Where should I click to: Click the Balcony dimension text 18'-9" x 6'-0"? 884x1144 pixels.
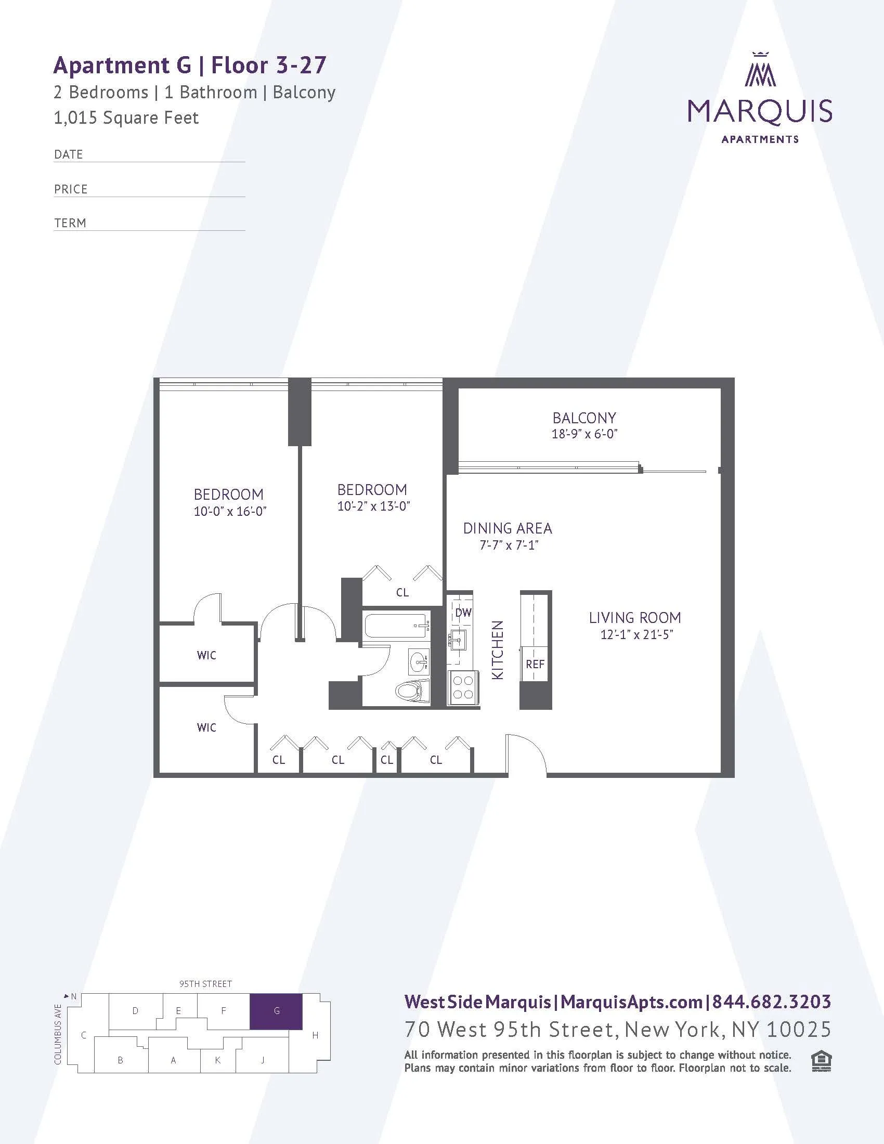(584, 434)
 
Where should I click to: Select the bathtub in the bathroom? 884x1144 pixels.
(396, 626)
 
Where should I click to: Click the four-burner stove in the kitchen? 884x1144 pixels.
(463, 687)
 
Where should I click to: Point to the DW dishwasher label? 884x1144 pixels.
(463, 613)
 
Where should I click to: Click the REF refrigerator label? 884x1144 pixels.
(535, 664)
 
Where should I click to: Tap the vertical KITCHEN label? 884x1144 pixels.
(498, 650)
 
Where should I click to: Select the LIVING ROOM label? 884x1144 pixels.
(635, 618)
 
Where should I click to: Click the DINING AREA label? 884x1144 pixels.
(508, 528)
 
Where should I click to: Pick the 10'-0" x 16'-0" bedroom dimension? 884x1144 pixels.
(230, 511)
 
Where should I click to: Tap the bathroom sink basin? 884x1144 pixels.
(419, 662)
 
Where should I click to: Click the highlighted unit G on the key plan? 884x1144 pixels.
(276, 1011)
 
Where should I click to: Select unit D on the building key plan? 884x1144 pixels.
(135, 1011)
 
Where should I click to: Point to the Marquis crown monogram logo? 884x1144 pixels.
(760, 70)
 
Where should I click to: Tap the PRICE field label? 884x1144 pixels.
(71, 189)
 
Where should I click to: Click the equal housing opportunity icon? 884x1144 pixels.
(821, 1061)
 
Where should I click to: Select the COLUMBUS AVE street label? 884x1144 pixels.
(58, 1034)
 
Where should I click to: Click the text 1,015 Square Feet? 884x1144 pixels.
(126, 118)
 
